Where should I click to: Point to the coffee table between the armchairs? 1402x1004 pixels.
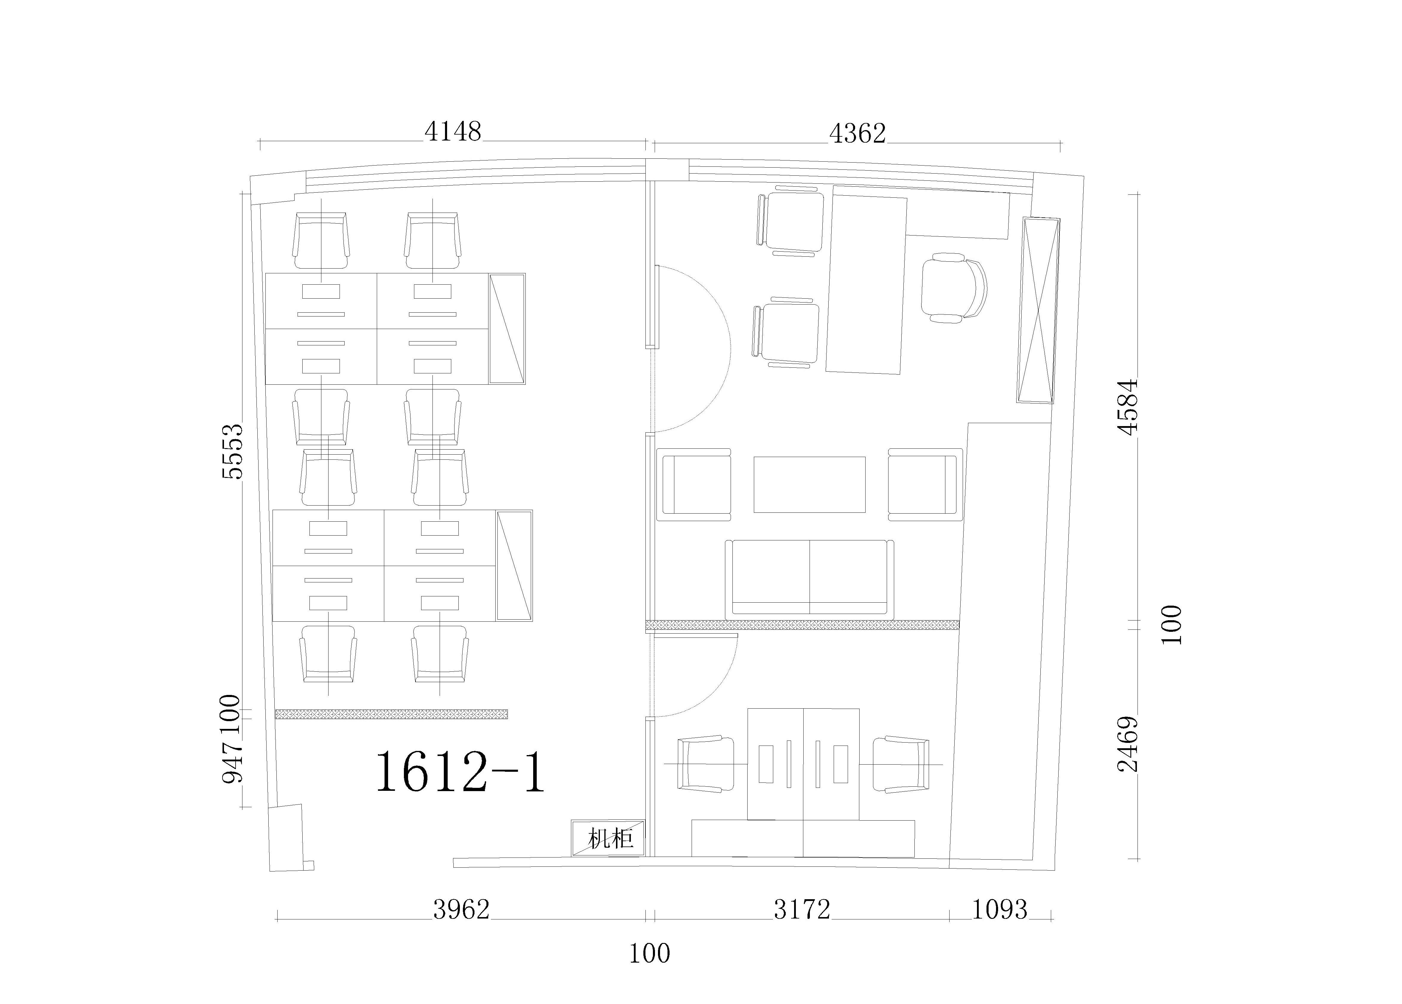coord(809,484)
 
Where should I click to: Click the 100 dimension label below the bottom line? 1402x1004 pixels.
coord(649,953)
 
